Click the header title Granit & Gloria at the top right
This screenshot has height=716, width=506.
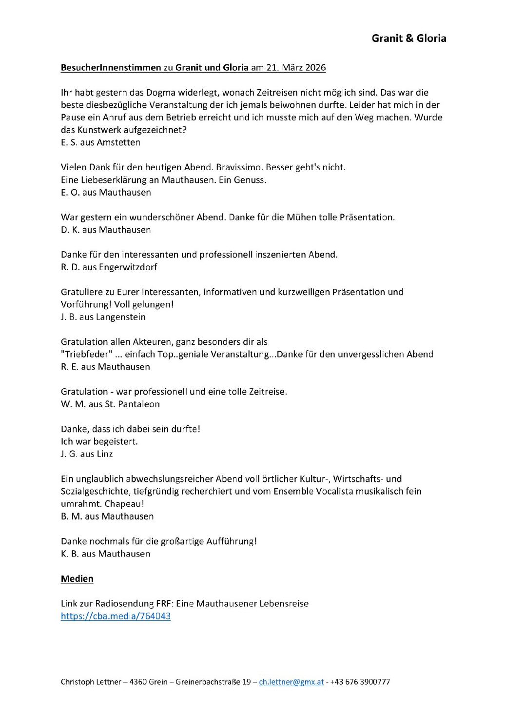coord(409,38)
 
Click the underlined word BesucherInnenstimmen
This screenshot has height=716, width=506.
coord(111,68)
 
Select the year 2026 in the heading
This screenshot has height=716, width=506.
coord(315,68)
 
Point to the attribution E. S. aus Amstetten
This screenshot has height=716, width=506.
coord(100,142)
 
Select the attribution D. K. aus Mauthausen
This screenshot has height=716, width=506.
coord(106,230)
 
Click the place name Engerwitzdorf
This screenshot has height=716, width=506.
coord(128,267)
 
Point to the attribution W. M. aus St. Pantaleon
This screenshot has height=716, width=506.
coord(110,404)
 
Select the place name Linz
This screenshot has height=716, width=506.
coord(105,454)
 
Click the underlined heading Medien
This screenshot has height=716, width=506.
coord(77,579)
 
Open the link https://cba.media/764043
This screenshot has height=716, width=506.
coord(116,616)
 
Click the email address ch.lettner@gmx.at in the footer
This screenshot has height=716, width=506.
coord(291,682)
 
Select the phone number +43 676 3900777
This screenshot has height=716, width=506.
coord(360,682)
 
